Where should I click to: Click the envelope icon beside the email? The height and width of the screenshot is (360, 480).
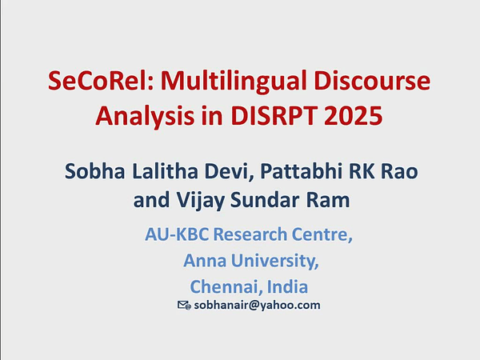pyautogui.click(x=183, y=306)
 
